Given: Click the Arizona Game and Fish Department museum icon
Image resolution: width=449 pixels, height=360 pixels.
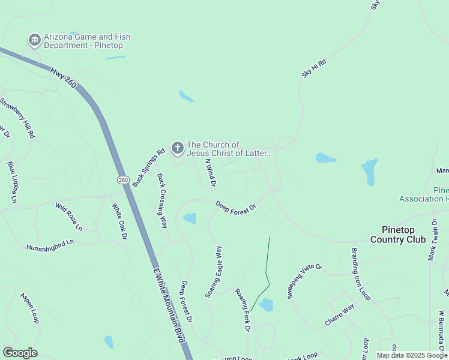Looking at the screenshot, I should (34, 40).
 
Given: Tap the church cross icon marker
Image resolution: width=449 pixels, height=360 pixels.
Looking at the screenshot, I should (177, 148).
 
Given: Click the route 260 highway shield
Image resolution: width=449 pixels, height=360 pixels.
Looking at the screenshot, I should (123, 179).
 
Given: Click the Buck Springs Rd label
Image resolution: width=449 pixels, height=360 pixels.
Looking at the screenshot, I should (149, 168).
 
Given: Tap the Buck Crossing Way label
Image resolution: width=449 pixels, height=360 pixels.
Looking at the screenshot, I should (161, 201).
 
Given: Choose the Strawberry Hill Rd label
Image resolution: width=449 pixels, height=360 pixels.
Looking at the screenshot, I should (18, 118).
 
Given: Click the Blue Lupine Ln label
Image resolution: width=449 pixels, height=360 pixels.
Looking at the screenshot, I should (13, 181).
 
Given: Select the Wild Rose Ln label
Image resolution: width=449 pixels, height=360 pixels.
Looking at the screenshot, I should (68, 217).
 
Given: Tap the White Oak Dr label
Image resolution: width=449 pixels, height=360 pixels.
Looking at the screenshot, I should (119, 221).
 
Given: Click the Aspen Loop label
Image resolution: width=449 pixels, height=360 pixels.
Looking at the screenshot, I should (29, 308).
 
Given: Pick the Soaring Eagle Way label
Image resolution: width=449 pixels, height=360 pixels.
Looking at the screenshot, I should (214, 272).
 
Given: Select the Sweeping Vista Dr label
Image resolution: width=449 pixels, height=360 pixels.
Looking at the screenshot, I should (304, 281).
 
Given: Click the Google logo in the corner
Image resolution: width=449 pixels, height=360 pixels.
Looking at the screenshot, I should (20, 353).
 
